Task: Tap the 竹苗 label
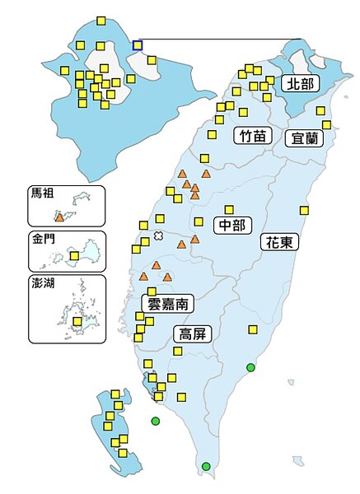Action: [253, 137]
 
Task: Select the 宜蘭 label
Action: [303, 138]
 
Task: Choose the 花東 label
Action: [279, 242]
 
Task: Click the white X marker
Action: [158, 236]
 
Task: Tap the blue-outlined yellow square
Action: [138, 44]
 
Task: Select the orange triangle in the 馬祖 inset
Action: [59, 217]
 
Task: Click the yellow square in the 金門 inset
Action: [75, 256]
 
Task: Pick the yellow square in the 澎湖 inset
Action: [77, 321]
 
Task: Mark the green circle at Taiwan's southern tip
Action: [206, 467]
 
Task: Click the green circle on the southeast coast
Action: [250, 367]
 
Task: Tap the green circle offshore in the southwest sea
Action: [155, 422]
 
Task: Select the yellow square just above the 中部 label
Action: [229, 209]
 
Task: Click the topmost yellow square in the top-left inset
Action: [101, 21]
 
